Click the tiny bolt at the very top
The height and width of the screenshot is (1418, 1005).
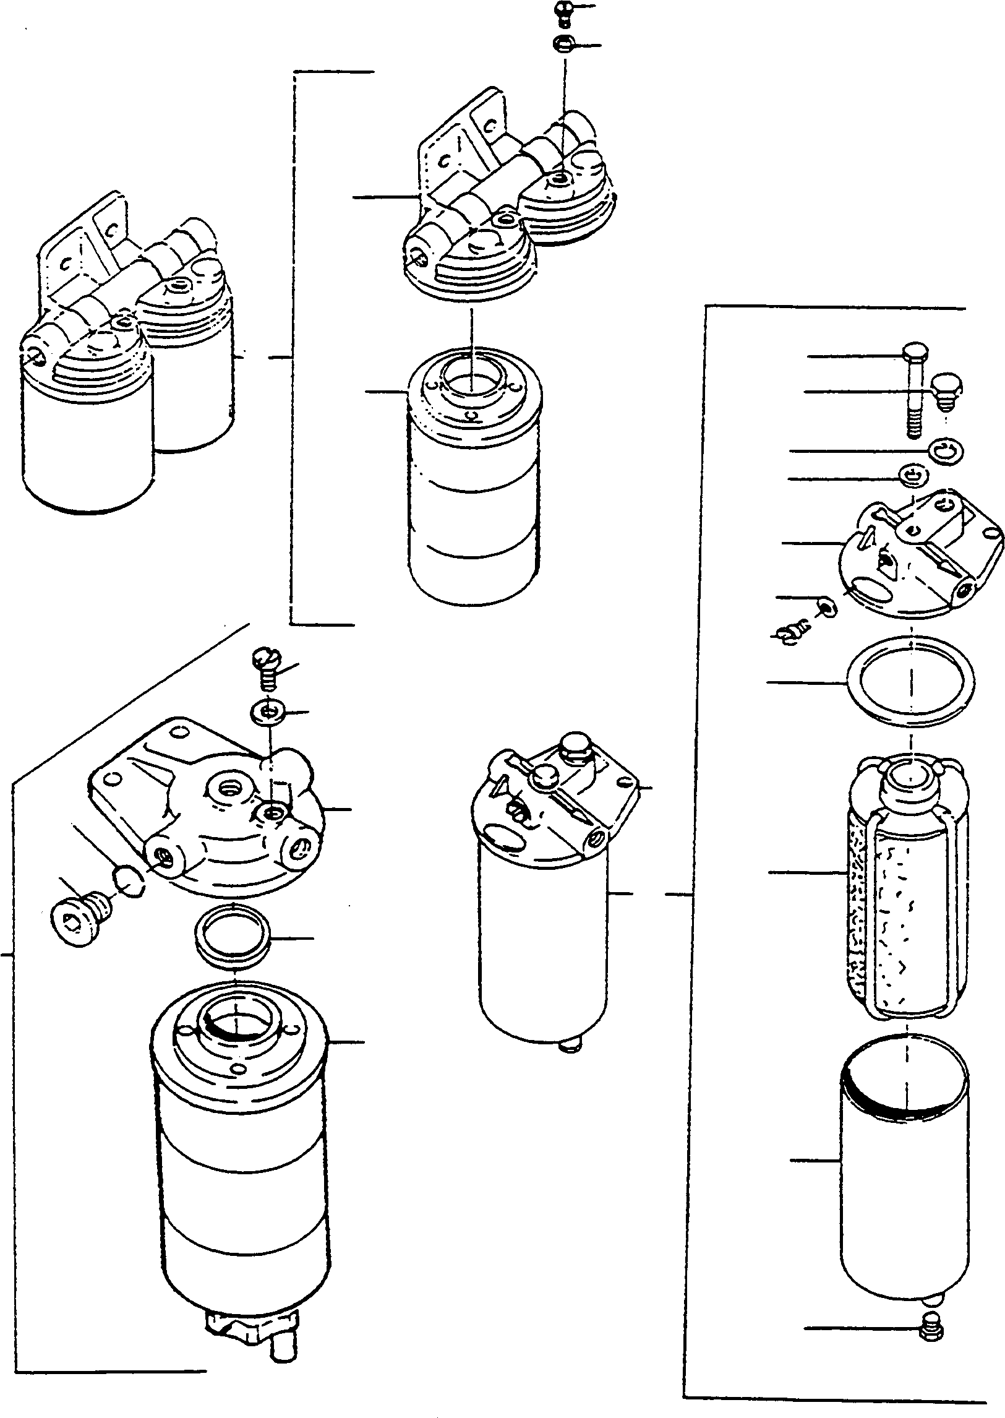pyautogui.click(x=563, y=12)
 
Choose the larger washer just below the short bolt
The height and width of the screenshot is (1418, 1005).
pyautogui.click(x=945, y=450)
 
